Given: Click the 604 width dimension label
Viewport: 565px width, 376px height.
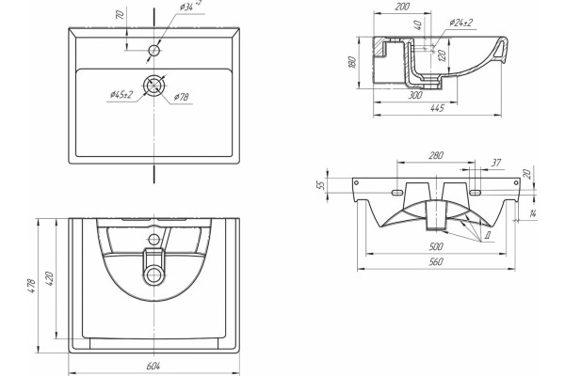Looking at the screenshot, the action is [x=153, y=366].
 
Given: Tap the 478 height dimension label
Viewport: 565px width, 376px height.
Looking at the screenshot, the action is [x=32, y=286].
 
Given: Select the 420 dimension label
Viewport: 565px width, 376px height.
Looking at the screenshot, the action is [x=49, y=278].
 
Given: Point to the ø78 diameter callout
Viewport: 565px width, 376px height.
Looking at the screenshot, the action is [x=181, y=97].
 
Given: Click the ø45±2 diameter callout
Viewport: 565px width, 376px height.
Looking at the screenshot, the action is [x=121, y=95].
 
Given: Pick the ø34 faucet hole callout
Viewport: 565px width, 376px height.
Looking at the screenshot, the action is [x=190, y=7].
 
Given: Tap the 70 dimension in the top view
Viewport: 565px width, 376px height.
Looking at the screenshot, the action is [x=121, y=15].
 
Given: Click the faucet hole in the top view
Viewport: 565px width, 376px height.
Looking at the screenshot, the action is [x=154, y=50].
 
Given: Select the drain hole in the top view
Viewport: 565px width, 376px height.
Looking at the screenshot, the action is [x=154, y=86].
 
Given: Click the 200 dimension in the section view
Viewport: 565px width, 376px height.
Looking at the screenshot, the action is [x=402, y=7].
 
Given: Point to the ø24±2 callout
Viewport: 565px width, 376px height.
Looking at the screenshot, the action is [x=460, y=23].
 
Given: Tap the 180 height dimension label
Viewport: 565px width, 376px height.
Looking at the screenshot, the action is [x=352, y=62].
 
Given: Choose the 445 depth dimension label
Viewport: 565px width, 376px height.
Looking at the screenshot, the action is [x=437, y=108].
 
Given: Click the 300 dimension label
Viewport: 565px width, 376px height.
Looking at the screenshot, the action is [x=415, y=95].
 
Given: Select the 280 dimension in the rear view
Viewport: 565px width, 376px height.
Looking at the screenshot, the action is [x=436, y=155].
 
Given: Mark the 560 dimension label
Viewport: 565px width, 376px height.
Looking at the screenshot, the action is [x=436, y=261].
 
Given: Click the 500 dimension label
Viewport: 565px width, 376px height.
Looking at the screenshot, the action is [x=436, y=246].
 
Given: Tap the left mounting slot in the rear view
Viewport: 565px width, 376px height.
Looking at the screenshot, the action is [x=397, y=193].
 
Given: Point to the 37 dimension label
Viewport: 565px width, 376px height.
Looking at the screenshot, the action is [x=496, y=163].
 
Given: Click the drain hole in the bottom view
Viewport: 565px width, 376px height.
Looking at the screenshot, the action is [x=153, y=274].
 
